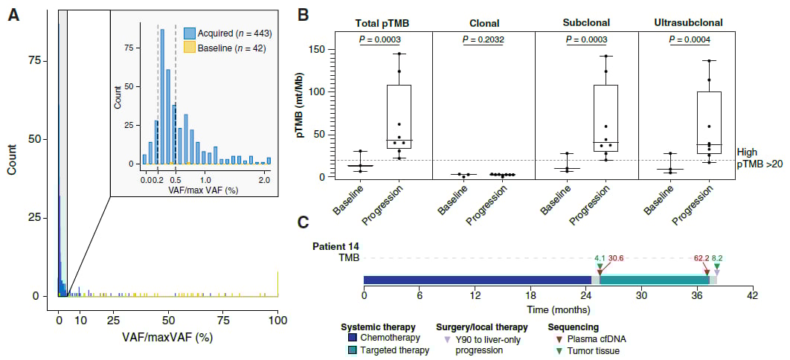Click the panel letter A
(x=13, y=15)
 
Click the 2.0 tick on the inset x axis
(x=263, y=179)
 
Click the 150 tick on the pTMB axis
(x=318, y=49)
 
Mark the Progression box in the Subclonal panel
(x=606, y=118)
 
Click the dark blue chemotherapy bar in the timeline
(x=476, y=280)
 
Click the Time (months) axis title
(x=559, y=308)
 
